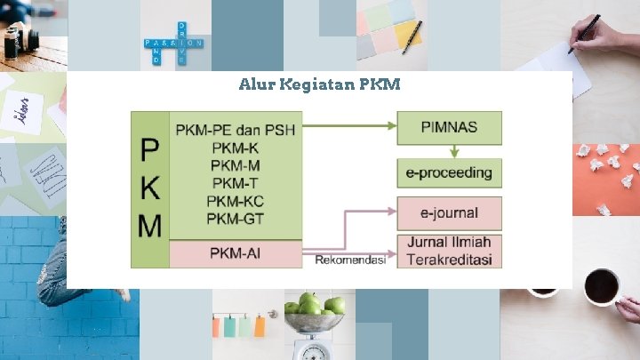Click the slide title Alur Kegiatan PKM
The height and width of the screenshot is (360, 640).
pos(320,85)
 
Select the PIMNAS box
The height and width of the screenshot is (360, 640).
pos(449,127)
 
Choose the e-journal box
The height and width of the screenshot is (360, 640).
pos(449,212)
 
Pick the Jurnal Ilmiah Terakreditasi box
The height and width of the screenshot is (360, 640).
pos(449,251)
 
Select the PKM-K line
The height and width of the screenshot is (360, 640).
pos(236,148)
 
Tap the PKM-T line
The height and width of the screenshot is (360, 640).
pos(236,183)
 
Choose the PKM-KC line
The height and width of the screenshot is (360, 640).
pos(236,201)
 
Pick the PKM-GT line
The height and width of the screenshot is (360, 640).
pos(236,219)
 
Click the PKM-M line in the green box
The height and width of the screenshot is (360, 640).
pos(236,165)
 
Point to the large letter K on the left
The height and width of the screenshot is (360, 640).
pos(150,188)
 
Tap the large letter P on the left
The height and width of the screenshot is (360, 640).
pos(150,151)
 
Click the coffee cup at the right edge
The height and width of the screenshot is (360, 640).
pos(601,286)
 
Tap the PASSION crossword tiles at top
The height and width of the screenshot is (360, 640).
pos(172,43)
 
